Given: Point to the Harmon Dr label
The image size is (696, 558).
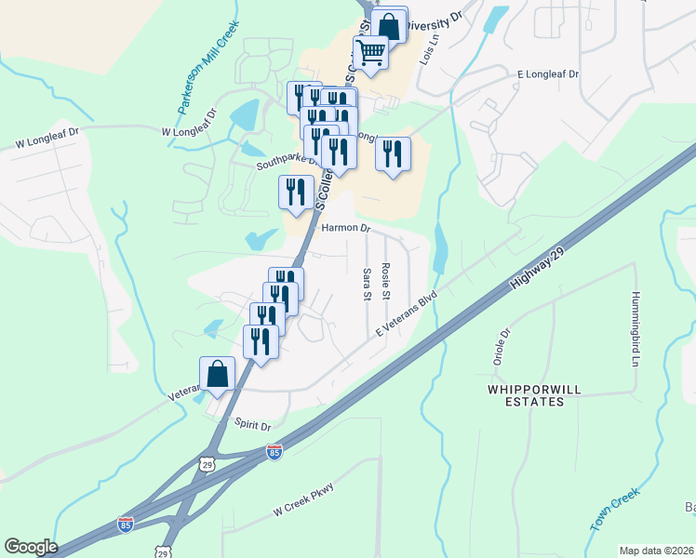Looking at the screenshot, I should pyautogui.click(x=345, y=227).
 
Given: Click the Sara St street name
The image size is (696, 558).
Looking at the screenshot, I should pyautogui.click(x=367, y=284).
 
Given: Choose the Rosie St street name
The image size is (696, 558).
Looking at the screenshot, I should pyautogui.click(x=386, y=281).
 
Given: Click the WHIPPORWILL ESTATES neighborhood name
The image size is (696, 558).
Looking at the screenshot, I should pyautogui.click(x=527, y=394).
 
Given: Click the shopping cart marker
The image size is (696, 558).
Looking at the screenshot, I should pyautogui.click(x=370, y=54).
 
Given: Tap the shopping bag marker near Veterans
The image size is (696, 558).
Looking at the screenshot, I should pyautogui.click(x=217, y=374).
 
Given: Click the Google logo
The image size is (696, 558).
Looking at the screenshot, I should pyautogui.click(x=32, y=547).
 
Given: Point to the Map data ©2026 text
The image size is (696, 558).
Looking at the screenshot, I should pyautogui.click(x=656, y=551).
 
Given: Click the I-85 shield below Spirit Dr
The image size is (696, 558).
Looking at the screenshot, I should pyautogui.click(x=274, y=452).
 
